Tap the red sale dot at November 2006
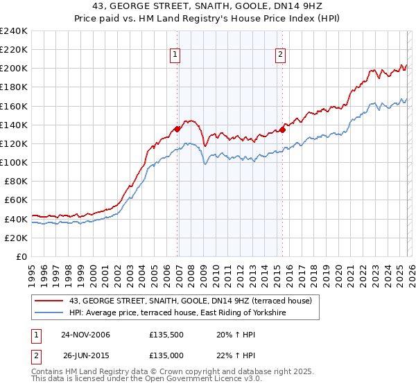[177, 128]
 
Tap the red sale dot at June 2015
[283, 129]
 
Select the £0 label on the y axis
[21, 256]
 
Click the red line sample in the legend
[49, 301]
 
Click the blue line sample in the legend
[49, 313]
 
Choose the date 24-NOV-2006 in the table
[85, 335]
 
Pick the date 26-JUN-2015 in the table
[85, 355]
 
